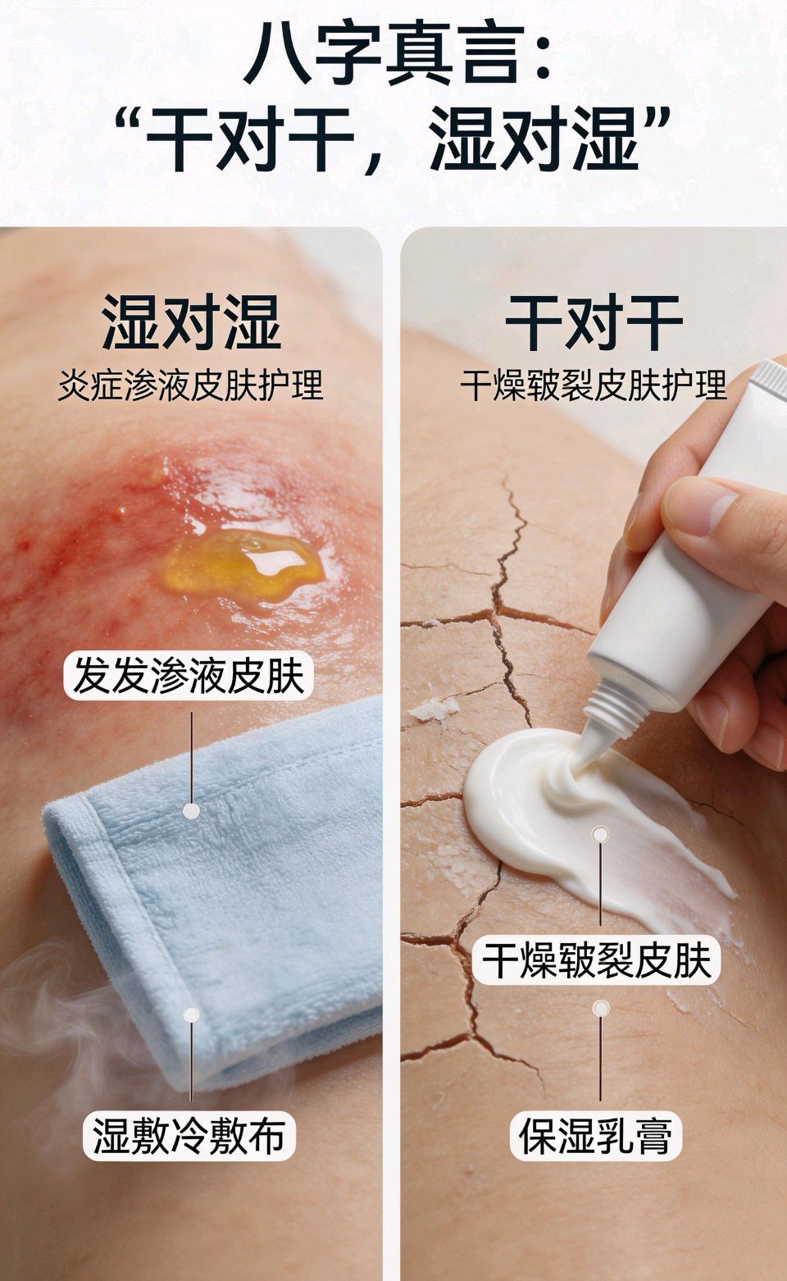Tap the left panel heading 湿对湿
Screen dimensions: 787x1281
point(192,322)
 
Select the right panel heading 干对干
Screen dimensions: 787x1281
point(594,322)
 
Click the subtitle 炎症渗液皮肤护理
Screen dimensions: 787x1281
point(191,385)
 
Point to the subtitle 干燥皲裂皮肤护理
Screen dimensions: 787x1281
point(594,385)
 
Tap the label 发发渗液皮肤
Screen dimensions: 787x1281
point(189,676)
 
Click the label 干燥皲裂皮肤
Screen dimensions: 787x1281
point(596,961)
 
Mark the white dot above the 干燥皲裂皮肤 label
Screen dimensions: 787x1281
point(600,834)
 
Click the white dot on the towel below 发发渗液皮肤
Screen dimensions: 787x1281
point(192,810)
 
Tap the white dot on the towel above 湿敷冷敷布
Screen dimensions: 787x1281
point(192,1015)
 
